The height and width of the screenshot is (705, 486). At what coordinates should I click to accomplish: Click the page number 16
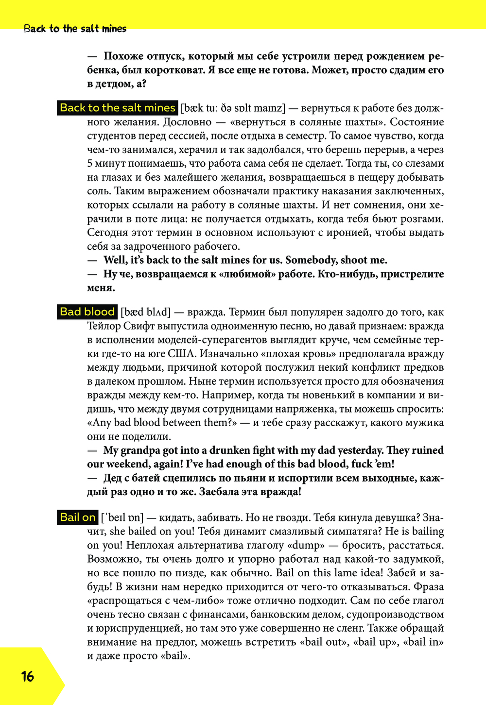tap(28, 676)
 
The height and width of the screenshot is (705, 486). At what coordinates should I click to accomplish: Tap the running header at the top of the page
tap(75, 29)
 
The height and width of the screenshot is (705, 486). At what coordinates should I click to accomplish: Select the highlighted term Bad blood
tap(87, 312)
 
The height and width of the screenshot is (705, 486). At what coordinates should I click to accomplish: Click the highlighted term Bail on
tap(78, 517)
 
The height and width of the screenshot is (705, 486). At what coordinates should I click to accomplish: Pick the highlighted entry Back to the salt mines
tap(118, 108)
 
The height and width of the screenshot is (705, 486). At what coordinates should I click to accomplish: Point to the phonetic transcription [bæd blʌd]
tap(146, 312)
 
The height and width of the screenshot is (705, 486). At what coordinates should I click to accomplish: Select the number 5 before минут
tap(90, 164)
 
